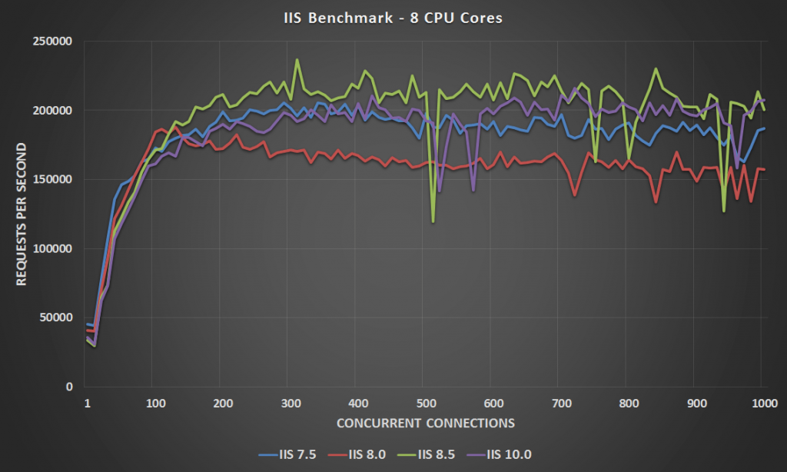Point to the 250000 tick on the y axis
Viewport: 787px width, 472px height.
pos(52,41)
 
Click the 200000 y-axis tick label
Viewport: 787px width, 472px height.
pos(52,110)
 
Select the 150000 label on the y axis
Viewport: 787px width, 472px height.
pos(52,179)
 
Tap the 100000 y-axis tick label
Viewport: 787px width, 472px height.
pos(52,248)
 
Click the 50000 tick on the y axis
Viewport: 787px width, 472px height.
pos(55,317)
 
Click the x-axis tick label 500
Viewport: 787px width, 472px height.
pos(424,403)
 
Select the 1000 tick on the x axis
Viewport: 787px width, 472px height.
pos(762,403)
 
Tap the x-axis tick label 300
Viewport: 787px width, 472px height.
pos(288,403)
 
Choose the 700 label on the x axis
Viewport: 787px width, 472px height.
pos(560,403)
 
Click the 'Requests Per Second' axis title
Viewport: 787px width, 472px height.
pos(22,214)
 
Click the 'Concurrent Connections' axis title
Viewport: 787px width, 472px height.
pos(424,423)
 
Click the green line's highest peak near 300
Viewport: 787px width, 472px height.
pos(297,59)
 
